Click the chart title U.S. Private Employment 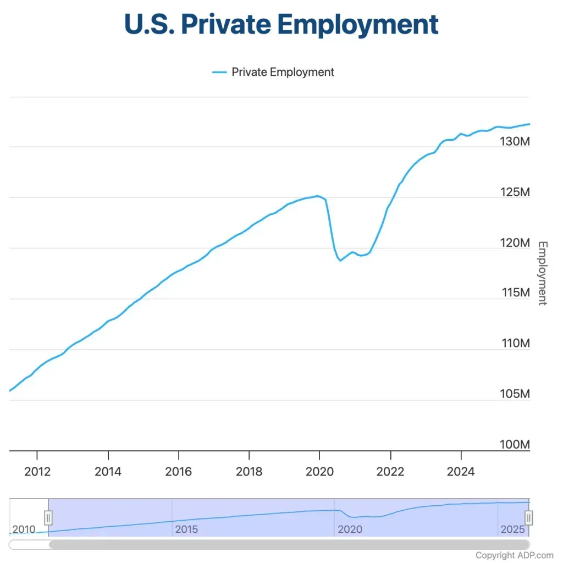click(281, 24)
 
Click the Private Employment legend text click(283, 72)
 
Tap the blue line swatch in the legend click(219, 72)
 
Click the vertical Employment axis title click(542, 273)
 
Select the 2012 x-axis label click(38, 472)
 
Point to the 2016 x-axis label click(179, 472)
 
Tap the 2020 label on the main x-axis click(319, 472)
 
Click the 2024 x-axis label click(461, 472)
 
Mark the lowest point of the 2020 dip click(340, 260)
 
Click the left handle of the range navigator click(48, 517)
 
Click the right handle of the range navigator click(529, 517)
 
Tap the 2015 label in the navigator click(186, 529)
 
